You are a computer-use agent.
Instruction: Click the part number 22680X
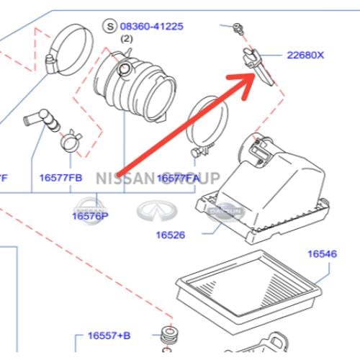(306, 55)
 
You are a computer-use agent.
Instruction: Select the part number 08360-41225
(152, 27)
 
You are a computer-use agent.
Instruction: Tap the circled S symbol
(110, 27)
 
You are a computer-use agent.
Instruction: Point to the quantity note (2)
(127, 38)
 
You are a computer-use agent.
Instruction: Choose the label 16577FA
(178, 177)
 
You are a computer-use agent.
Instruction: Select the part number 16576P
(90, 215)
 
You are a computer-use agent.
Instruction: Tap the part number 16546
(323, 253)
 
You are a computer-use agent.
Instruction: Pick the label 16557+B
(109, 336)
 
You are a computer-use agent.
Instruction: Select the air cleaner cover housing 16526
(270, 187)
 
